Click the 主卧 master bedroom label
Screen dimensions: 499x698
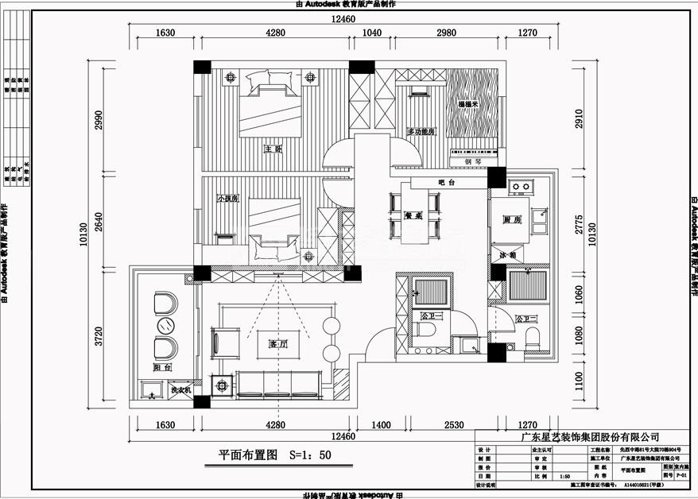[273, 149]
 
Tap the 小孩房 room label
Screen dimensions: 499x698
[228, 199]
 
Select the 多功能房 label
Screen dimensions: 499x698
[420, 132]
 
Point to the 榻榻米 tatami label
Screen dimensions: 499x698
[467, 105]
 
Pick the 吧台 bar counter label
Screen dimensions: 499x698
[445, 184]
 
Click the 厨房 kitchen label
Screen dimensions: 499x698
[511, 220]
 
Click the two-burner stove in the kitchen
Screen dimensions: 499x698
[521, 188]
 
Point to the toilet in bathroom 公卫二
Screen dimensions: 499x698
[533, 337]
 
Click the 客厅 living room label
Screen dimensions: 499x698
[277, 344]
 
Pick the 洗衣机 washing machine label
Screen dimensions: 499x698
[179, 391]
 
